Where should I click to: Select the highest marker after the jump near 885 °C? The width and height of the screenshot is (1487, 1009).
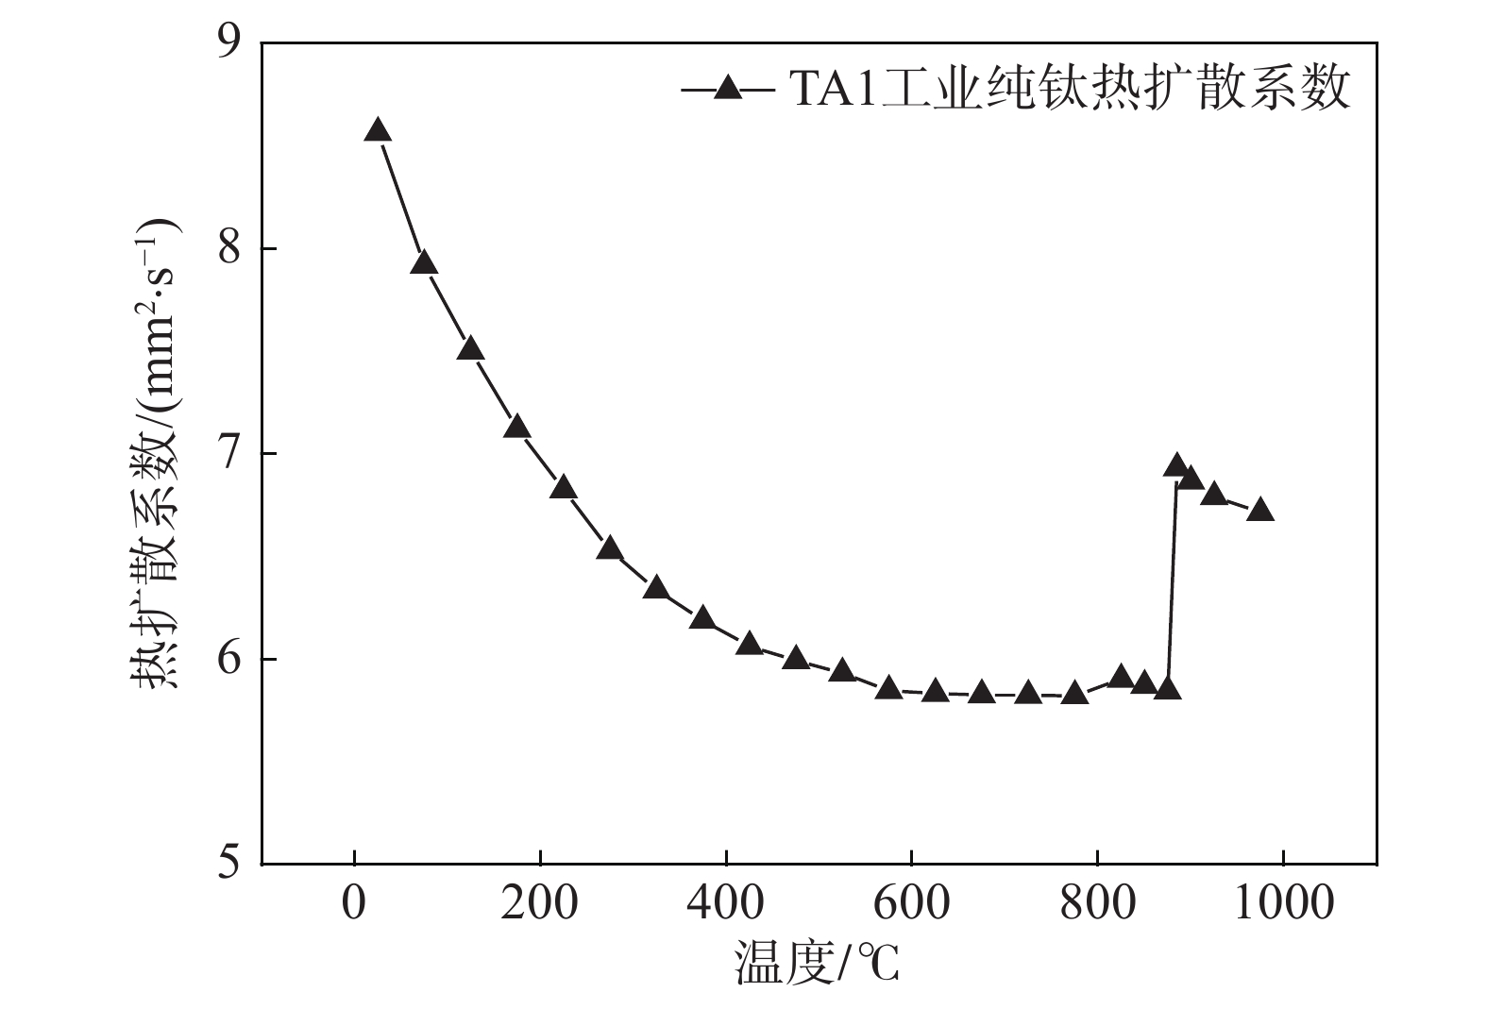(x=1175, y=465)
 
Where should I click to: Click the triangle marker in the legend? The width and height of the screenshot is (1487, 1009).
(x=728, y=89)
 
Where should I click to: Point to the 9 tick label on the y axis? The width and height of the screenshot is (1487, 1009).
(x=228, y=43)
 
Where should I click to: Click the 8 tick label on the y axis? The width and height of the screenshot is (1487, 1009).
(x=228, y=249)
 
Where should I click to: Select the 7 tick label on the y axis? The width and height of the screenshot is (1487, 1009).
(x=228, y=454)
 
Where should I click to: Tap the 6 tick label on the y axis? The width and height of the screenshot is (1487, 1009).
(x=228, y=659)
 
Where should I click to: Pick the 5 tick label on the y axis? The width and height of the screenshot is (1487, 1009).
(x=228, y=864)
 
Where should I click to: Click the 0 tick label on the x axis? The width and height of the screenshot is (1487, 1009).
(x=354, y=903)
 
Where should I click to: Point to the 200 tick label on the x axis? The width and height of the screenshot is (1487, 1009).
(x=539, y=903)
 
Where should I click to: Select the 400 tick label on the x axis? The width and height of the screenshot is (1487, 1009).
(x=725, y=903)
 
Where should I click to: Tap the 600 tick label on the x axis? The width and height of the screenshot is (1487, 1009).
(x=911, y=903)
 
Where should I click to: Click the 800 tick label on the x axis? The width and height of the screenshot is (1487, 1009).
(x=1097, y=903)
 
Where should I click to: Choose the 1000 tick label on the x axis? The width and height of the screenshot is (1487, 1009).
(x=1283, y=903)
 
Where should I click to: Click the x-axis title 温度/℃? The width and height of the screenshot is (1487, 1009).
(x=818, y=965)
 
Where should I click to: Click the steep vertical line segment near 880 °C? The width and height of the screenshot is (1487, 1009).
(x=1172, y=585)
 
